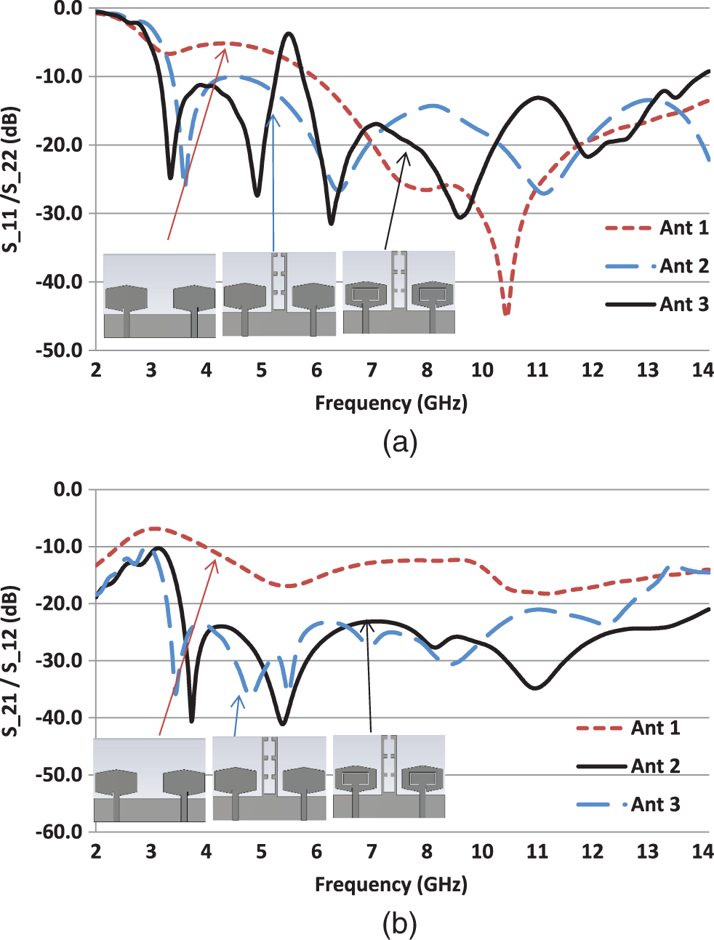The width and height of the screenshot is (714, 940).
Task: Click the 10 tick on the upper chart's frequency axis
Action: pyautogui.click(x=482, y=370)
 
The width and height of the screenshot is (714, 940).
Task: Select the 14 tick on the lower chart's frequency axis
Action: pyautogui.click(x=702, y=851)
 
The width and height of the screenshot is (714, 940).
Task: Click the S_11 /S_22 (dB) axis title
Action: pyautogui.click(x=12, y=180)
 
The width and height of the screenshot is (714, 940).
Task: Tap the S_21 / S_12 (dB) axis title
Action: pyautogui.click(x=12, y=661)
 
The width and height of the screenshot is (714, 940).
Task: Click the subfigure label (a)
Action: pyautogui.click(x=399, y=441)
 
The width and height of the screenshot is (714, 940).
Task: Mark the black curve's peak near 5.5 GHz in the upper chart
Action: pyautogui.click(x=289, y=33)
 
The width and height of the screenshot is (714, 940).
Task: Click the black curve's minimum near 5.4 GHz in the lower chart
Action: pyautogui.click(x=283, y=724)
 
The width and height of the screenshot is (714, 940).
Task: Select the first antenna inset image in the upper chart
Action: pyautogui.click(x=160, y=296)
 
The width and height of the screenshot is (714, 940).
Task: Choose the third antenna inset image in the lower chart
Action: pyautogui.click(x=389, y=776)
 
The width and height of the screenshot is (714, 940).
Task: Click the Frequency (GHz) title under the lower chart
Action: pyautogui.click(x=390, y=884)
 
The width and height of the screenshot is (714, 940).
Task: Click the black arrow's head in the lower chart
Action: pyautogui.click(x=368, y=620)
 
